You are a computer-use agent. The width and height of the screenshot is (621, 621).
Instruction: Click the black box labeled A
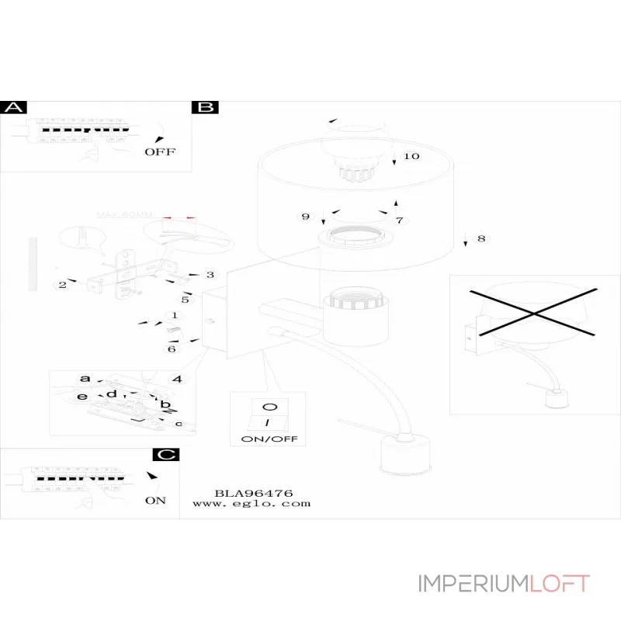pos(14,108)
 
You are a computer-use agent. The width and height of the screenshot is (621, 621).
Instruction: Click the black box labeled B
pos(205,108)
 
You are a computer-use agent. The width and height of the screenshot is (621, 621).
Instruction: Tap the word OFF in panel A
pos(160,151)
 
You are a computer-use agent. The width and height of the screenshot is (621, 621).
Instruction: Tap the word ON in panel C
pos(155,500)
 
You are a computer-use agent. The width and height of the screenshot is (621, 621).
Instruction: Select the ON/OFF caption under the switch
pos(269,439)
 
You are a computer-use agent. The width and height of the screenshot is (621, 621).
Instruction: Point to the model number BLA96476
pos(253,492)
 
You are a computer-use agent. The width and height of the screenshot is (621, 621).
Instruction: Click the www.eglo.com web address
pos(252,503)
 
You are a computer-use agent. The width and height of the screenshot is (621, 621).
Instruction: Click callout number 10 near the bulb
pos(411,156)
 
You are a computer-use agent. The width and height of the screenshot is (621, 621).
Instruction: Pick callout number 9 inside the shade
pos(305,216)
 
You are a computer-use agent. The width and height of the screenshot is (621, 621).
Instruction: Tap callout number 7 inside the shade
pos(400,220)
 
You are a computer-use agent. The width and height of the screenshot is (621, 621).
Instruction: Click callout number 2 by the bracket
pos(61,285)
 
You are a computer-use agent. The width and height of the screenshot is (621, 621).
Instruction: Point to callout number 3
pos(210,275)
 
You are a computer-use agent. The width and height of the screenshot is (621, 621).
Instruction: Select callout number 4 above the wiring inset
pos(178,379)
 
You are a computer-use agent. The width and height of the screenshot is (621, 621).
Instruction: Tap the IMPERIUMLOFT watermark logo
pos(504,584)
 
